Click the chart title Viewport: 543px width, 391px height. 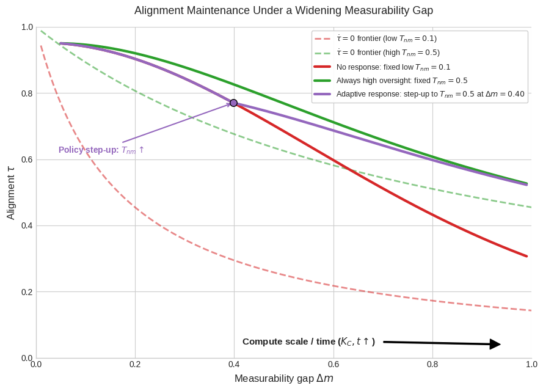283,10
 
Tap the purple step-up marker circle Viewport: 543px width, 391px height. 234,103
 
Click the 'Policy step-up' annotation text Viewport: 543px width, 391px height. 101,150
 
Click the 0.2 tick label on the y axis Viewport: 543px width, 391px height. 27,292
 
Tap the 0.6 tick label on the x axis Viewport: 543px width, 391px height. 333,364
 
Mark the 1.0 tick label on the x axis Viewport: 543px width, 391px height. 531,364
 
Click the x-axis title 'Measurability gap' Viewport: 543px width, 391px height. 283,378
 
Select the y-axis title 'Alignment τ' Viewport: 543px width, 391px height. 11,192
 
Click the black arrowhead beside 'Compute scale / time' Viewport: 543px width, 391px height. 495,344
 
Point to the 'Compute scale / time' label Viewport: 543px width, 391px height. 308,342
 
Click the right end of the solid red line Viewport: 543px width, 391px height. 527,256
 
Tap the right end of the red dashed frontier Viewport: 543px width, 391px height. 531,310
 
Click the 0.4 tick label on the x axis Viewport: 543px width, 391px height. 234,364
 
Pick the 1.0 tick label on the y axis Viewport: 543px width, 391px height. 27,27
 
